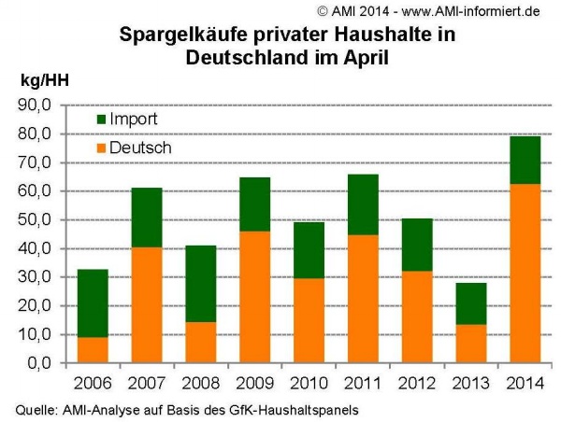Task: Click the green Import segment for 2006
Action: tap(93, 303)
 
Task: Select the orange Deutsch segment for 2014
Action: tap(525, 274)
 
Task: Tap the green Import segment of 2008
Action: tap(201, 284)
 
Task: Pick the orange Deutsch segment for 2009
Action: tap(254, 297)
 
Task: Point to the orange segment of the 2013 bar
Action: tap(471, 344)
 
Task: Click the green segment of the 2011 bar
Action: tap(363, 204)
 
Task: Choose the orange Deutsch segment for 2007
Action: tap(147, 304)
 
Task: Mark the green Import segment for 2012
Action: tap(417, 245)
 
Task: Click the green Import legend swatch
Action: tap(102, 120)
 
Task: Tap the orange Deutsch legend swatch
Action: tap(102, 148)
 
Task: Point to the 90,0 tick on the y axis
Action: tap(35, 105)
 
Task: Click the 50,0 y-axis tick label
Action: tap(35, 220)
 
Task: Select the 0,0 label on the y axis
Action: tap(39, 363)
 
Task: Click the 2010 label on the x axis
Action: tap(309, 384)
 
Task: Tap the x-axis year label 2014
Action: tap(525, 384)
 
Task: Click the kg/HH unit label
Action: tap(45, 80)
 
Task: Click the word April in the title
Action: tap(366, 58)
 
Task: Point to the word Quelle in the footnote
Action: tap(36, 410)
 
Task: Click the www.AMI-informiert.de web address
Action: tap(470, 11)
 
